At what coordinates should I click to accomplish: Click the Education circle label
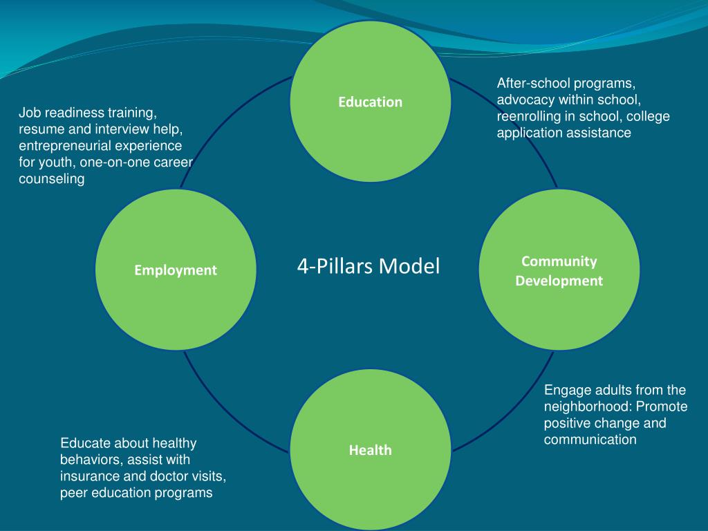(370, 102)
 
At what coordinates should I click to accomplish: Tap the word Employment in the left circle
(176, 270)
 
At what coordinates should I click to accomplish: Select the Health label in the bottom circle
(370, 450)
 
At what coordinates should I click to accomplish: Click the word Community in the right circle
(559, 261)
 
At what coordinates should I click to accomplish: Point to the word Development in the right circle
(559, 281)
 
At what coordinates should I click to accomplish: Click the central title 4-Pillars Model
(369, 266)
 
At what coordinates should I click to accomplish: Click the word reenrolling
(529, 117)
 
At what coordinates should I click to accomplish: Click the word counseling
(52, 179)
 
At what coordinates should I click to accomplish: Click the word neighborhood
(587, 407)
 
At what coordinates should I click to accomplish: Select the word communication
(590, 440)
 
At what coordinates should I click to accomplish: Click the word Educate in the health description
(86, 443)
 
